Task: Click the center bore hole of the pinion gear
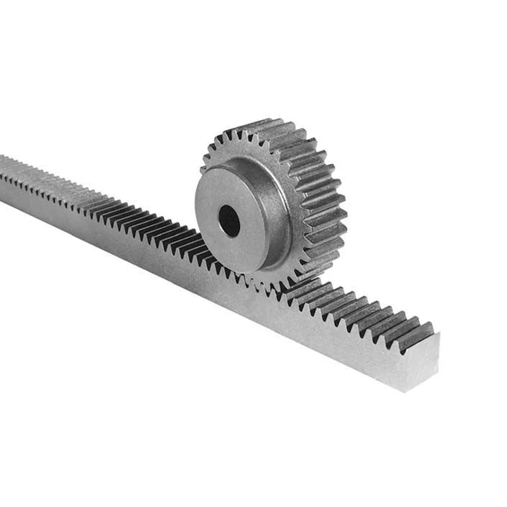pyautogui.click(x=229, y=221)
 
